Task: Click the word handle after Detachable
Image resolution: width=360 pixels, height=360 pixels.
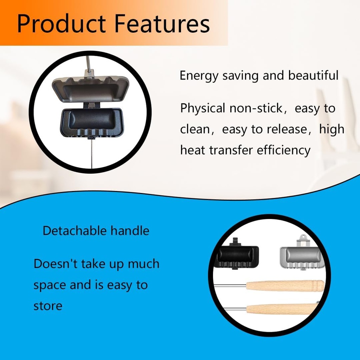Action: pyautogui.click(x=130, y=231)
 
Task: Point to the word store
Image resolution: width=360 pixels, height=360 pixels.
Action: pyautogui.click(x=48, y=306)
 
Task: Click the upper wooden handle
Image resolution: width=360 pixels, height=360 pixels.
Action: pyautogui.click(x=285, y=285)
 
